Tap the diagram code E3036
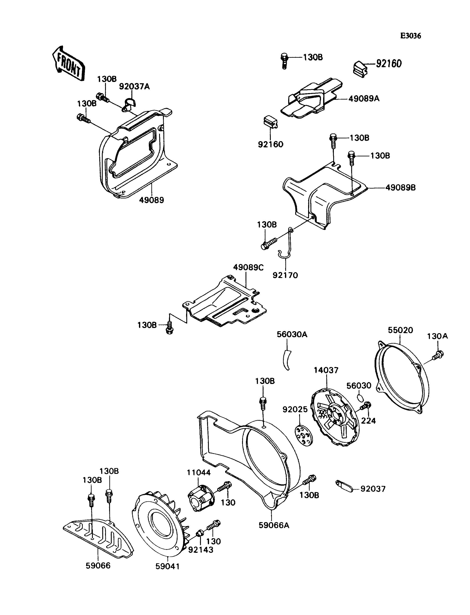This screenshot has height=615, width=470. click(410, 36)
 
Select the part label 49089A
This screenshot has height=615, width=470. click(364, 99)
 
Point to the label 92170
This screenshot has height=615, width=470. click(285, 275)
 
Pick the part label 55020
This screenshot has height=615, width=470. click(400, 330)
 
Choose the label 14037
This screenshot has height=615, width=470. click(326, 370)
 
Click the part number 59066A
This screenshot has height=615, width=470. click(274, 525)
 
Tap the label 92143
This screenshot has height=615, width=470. click(201, 550)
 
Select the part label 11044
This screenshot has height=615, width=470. click(199, 473)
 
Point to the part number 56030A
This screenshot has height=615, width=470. click(292, 334)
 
